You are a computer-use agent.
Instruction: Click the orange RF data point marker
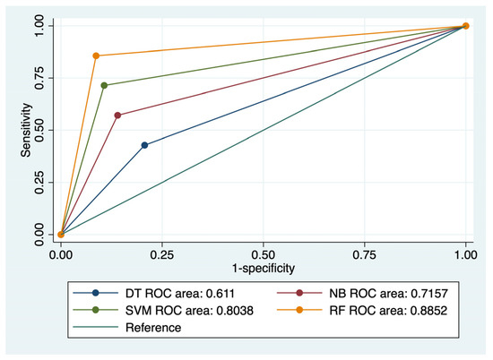tap(96, 56)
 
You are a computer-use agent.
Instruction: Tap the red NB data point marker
tap(118, 115)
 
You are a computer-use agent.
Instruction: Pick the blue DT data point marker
tap(144, 145)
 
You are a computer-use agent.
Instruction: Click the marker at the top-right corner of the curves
tap(465, 26)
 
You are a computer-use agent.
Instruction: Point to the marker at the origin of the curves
tap(60, 235)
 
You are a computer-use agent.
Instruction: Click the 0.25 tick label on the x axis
tap(161, 253)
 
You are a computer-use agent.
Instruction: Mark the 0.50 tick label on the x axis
tap(263, 253)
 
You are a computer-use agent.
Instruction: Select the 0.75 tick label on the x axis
tap(364, 253)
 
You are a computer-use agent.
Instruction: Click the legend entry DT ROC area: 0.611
tap(160, 293)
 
